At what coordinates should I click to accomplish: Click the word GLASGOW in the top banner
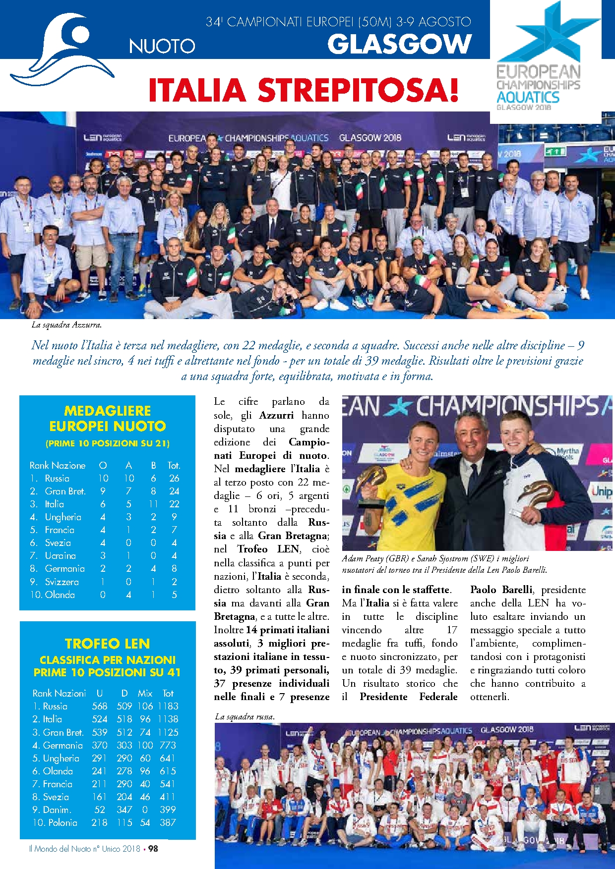(399, 45)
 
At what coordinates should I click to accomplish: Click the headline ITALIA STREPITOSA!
(304, 90)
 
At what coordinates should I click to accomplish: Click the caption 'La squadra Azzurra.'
(66, 325)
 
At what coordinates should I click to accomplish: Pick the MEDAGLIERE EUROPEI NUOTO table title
(107, 419)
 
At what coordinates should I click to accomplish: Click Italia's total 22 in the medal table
(174, 504)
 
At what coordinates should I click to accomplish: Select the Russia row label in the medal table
(57, 479)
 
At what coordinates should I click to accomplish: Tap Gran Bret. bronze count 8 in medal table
(153, 491)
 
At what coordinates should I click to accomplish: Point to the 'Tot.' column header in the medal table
(174, 466)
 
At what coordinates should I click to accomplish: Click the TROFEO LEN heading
(107, 644)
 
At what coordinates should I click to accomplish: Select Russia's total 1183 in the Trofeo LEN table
(168, 706)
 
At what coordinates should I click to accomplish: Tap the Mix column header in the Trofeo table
(145, 693)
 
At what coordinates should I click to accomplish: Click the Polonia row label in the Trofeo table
(62, 822)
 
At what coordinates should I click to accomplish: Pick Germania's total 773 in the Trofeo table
(168, 745)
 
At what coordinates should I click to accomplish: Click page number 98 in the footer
(153, 849)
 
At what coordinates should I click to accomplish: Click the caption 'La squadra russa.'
(245, 716)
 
